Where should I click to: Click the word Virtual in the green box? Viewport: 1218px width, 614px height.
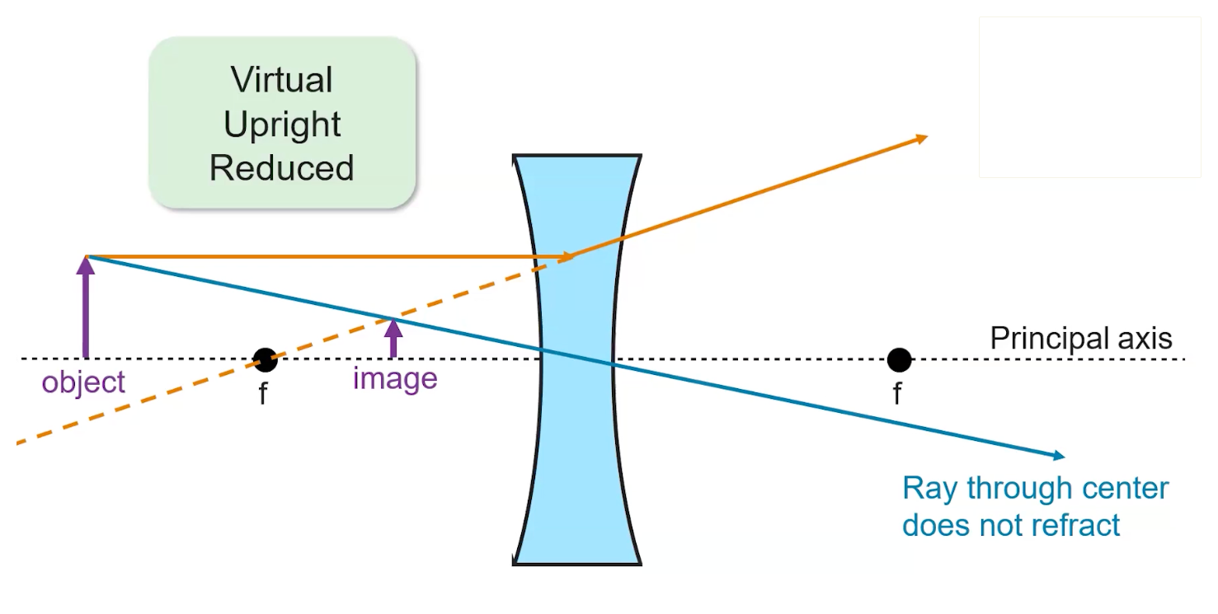281,80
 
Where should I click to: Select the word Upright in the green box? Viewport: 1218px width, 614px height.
281,124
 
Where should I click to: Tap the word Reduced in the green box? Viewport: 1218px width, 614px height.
281,167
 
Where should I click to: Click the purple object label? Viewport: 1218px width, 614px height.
83,382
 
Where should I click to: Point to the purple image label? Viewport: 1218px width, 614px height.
394,379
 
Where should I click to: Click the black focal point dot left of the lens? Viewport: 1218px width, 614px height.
265,360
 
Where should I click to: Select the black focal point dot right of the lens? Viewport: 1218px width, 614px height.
899,360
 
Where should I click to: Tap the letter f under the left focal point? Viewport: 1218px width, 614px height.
263,394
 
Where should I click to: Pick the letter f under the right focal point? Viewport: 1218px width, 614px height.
897,394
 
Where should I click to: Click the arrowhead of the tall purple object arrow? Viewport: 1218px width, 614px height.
85,265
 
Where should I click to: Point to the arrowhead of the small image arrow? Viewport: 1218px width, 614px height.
393,327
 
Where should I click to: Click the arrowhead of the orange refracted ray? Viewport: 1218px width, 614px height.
919,139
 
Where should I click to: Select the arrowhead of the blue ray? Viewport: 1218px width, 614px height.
1056,455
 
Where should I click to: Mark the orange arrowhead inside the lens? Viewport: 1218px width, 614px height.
566,257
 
